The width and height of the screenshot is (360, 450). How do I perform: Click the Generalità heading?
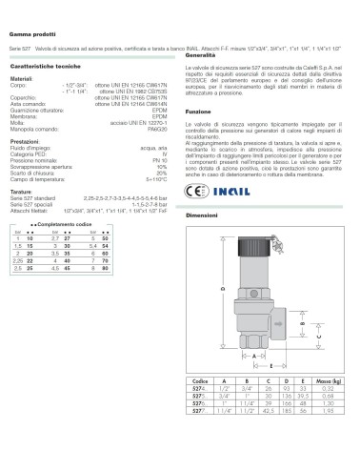[203, 56]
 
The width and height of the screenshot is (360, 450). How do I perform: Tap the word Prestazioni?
[24, 145]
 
